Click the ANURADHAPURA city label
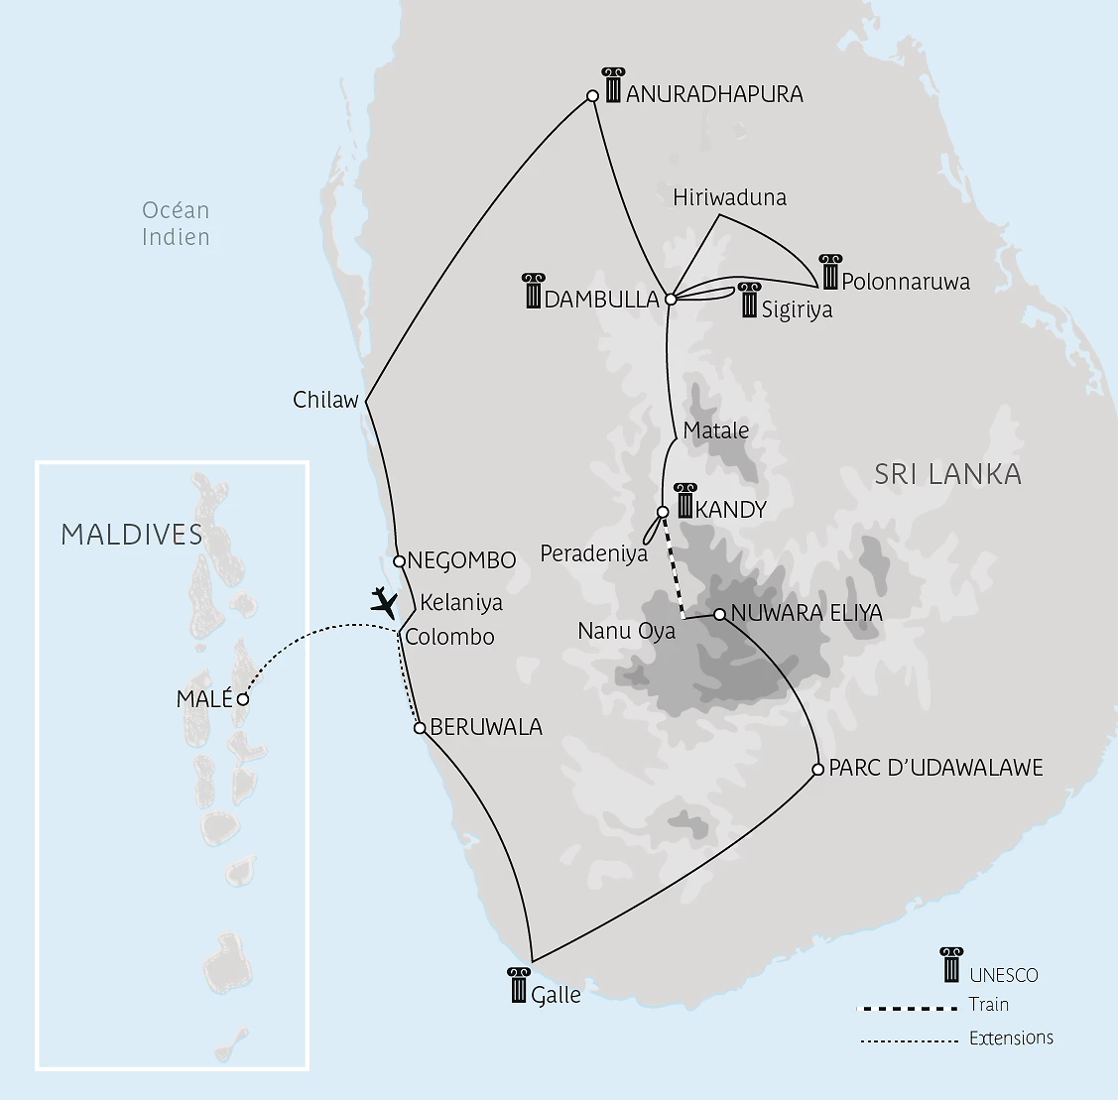tap(714, 94)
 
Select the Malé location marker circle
tap(243, 699)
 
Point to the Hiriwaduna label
tap(729, 197)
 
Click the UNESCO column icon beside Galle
tap(519, 985)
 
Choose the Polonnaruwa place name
tap(905, 282)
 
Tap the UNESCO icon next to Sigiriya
tap(749, 301)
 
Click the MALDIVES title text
tap(132, 535)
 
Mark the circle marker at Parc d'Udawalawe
tap(817, 769)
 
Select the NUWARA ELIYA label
tap(806, 613)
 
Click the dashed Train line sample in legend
tap(907, 1009)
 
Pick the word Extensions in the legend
tap(1011, 1039)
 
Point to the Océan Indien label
tap(176, 223)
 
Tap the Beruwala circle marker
tap(420, 728)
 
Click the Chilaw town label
tap(325, 401)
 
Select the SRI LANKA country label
tap(947, 474)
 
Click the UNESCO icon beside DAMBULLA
tap(533, 291)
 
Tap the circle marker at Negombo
tap(399, 561)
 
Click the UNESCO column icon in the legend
tap(951, 965)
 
